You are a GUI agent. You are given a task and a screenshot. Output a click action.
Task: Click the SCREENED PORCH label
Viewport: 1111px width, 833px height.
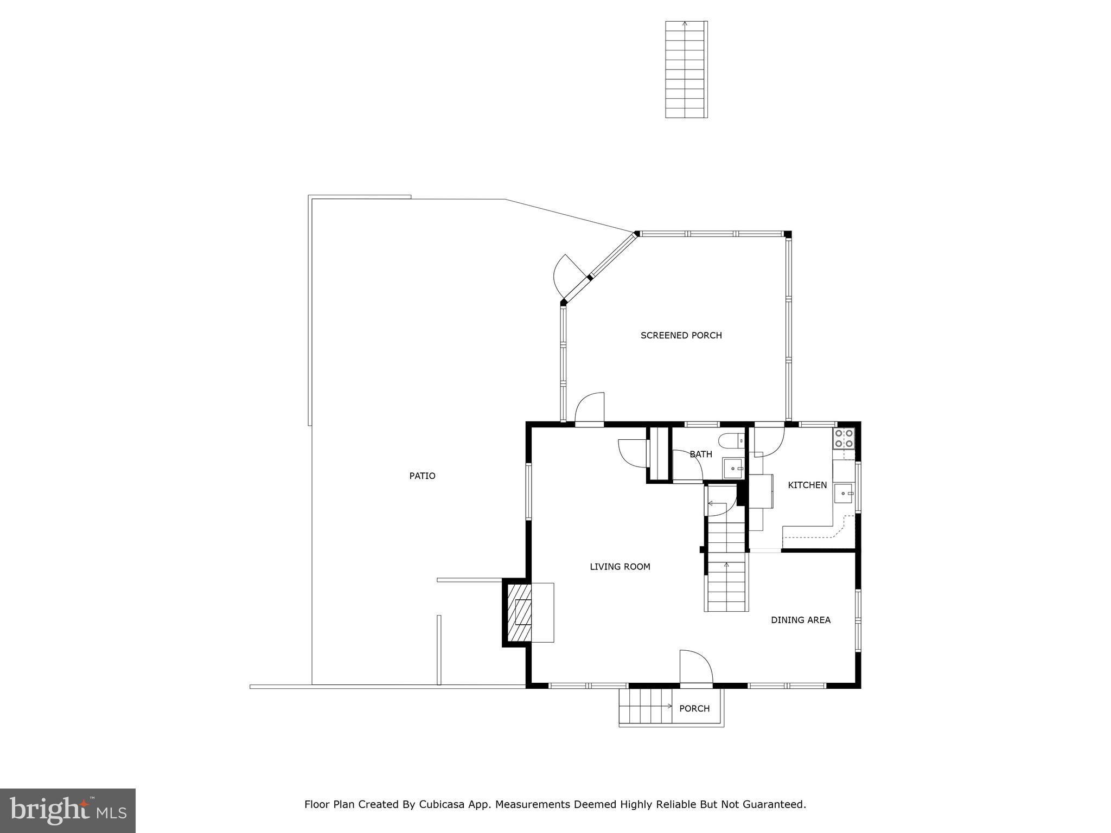pyautogui.click(x=681, y=335)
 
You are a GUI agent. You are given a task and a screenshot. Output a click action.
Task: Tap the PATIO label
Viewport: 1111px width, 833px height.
pyautogui.click(x=422, y=476)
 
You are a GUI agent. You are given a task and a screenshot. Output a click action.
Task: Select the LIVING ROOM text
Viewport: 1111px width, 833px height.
pyautogui.click(x=620, y=567)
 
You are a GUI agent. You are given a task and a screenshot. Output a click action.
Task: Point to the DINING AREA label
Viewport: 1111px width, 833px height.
pyautogui.click(x=800, y=620)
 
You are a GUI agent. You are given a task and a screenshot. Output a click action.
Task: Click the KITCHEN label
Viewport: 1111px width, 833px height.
pyautogui.click(x=807, y=485)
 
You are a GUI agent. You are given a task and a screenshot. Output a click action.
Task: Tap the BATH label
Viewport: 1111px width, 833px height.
pyautogui.click(x=700, y=454)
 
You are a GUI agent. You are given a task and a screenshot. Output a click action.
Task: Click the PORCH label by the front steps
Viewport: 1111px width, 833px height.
pyautogui.click(x=694, y=708)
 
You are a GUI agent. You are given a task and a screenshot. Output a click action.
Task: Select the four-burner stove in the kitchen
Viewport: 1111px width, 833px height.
pyautogui.click(x=844, y=438)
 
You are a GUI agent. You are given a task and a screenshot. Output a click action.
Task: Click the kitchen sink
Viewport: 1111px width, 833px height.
pyautogui.click(x=844, y=493)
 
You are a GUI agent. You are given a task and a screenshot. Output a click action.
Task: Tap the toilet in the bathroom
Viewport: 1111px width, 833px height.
pyautogui.click(x=733, y=440)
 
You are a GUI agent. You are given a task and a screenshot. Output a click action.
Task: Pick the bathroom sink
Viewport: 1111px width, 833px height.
pyautogui.click(x=733, y=467)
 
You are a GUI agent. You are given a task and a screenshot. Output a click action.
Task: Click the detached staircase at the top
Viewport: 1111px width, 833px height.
pyautogui.click(x=686, y=69)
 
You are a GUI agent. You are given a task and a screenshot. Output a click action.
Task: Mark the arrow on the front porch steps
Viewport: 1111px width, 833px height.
pyautogui.click(x=668, y=707)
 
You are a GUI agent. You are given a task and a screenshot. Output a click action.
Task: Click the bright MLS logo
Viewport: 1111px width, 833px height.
pyautogui.click(x=68, y=810)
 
